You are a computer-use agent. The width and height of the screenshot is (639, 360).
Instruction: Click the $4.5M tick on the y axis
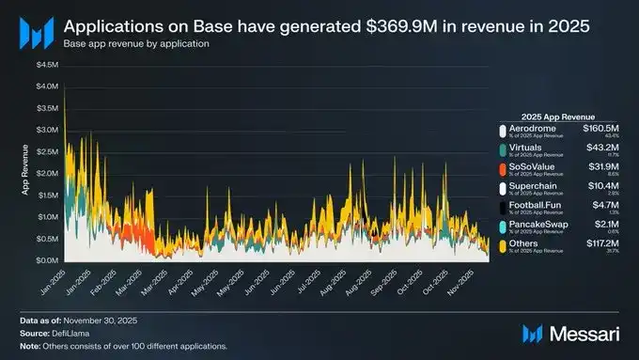(46, 65)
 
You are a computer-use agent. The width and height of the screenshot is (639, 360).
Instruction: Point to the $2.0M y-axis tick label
(46, 173)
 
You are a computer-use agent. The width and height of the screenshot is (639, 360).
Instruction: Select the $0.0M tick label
(46, 260)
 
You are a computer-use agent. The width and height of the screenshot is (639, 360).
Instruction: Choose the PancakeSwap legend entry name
(537, 225)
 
